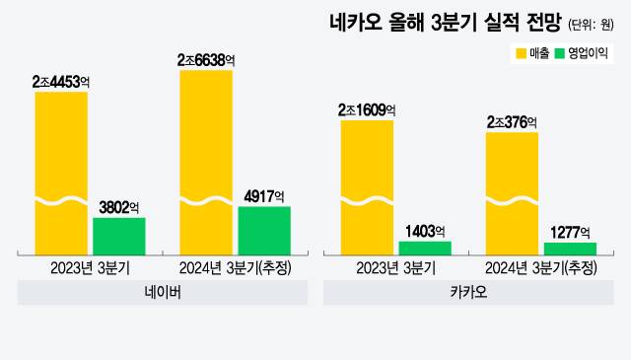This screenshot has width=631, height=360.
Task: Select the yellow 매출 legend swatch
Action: (x=521, y=51)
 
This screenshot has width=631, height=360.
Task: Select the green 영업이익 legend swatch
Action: (x=562, y=51)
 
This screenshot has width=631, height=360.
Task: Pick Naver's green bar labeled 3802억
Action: (x=119, y=235)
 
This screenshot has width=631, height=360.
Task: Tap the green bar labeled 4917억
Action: (x=264, y=229)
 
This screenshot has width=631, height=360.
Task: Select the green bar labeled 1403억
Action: (x=425, y=247)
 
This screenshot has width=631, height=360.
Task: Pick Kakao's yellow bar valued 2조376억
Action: (x=513, y=192)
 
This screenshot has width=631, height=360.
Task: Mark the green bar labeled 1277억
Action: (x=571, y=248)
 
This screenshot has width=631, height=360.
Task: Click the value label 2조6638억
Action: (x=206, y=61)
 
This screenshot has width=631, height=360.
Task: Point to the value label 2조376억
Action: (x=512, y=122)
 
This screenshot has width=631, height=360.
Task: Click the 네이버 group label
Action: (x=163, y=293)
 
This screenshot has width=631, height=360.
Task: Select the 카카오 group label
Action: (x=468, y=293)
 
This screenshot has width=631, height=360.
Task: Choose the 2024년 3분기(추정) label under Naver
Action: (x=235, y=267)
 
